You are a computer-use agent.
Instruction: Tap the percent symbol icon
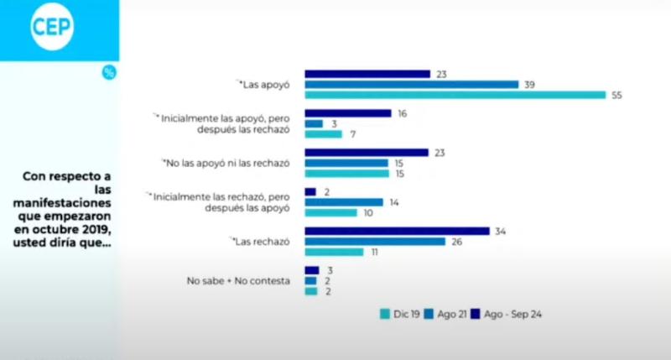coord(109,72)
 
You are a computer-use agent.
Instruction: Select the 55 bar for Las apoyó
coord(455,96)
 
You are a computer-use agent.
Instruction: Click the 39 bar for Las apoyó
coord(411,85)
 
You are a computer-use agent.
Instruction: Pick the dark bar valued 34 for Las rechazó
coord(397,231)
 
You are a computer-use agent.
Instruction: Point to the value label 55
coord(616,96)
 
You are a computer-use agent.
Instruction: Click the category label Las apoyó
coord(266,85)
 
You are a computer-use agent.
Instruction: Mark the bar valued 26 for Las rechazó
coord(375,242)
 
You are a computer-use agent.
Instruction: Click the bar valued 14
coord(344,202)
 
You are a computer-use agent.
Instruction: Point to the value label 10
coord(367,213)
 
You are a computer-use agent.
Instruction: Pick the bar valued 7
coord(323,134)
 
